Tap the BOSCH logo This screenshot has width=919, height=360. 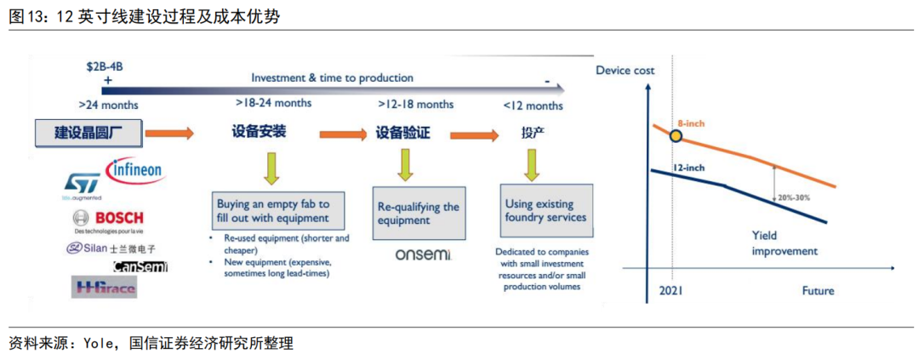(109, 219)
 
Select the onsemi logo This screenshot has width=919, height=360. (423, 254)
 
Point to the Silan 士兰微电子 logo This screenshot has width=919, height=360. (111, 248)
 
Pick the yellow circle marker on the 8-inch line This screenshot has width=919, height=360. (676, 135)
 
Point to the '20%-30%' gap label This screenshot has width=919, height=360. (794, 197)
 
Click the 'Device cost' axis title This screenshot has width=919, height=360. (625, 70)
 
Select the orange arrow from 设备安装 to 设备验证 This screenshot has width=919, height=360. (344, 134)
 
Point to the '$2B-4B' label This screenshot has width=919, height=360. (105, 65)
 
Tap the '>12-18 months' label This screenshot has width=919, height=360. (416, 104)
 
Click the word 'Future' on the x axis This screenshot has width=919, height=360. (818, 291)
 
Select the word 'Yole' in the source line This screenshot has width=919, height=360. (96, 344)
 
